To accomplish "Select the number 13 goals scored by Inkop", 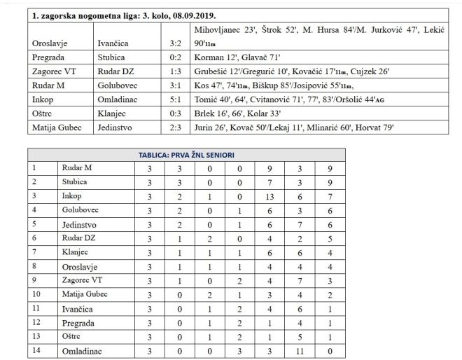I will (x=268, y=198).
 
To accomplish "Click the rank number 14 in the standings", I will (x=35, y=351).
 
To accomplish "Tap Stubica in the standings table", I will (x=74, y=183).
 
